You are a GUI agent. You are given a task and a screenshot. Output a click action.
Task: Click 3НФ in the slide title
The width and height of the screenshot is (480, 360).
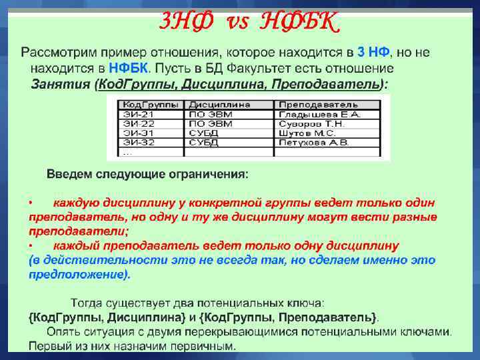point(185,23)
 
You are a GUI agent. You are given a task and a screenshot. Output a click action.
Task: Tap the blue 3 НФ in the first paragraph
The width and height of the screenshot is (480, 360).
point(374,52)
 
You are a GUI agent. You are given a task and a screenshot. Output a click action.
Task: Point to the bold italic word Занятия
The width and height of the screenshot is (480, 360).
point(61,85)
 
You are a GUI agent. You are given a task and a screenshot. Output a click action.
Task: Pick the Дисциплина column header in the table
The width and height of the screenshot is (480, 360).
point(219,105)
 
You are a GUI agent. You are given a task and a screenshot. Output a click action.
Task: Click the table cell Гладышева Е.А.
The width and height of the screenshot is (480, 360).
point(318,114)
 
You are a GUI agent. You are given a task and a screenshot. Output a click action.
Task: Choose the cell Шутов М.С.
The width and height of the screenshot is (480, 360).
point(307,133)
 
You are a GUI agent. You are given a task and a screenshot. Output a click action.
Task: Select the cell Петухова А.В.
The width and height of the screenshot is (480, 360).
point(313,142)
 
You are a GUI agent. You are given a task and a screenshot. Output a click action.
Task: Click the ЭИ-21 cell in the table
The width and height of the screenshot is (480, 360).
point(139,114)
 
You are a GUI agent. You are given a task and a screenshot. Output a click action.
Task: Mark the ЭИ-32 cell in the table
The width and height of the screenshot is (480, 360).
point(139,142)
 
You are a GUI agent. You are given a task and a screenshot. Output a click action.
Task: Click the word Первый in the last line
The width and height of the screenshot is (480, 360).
point(47,345)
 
